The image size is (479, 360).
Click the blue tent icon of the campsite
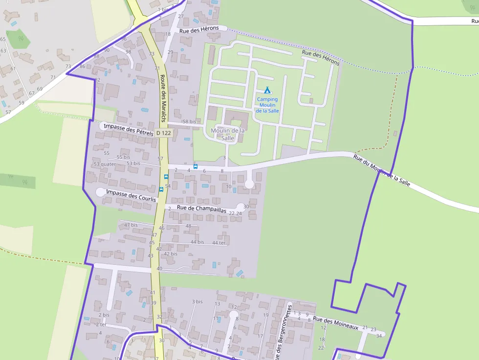point(267,90)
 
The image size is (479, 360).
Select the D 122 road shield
point(164,133)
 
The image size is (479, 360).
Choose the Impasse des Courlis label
point(131,196)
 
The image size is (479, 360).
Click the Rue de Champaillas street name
point(201,209)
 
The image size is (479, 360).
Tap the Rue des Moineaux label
point(336,322)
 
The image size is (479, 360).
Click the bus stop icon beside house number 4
point(196,167)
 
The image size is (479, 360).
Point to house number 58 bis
point(189,122)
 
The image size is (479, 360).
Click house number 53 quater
point(105,164)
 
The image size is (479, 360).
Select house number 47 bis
point(131,225)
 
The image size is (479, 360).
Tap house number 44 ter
point(219,243)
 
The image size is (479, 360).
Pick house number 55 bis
point(124,157)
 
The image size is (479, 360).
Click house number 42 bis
point(171,254)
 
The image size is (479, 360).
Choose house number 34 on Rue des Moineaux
point(379,336)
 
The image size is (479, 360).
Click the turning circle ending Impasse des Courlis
point(100,192)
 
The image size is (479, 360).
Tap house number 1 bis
point(162,9)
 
